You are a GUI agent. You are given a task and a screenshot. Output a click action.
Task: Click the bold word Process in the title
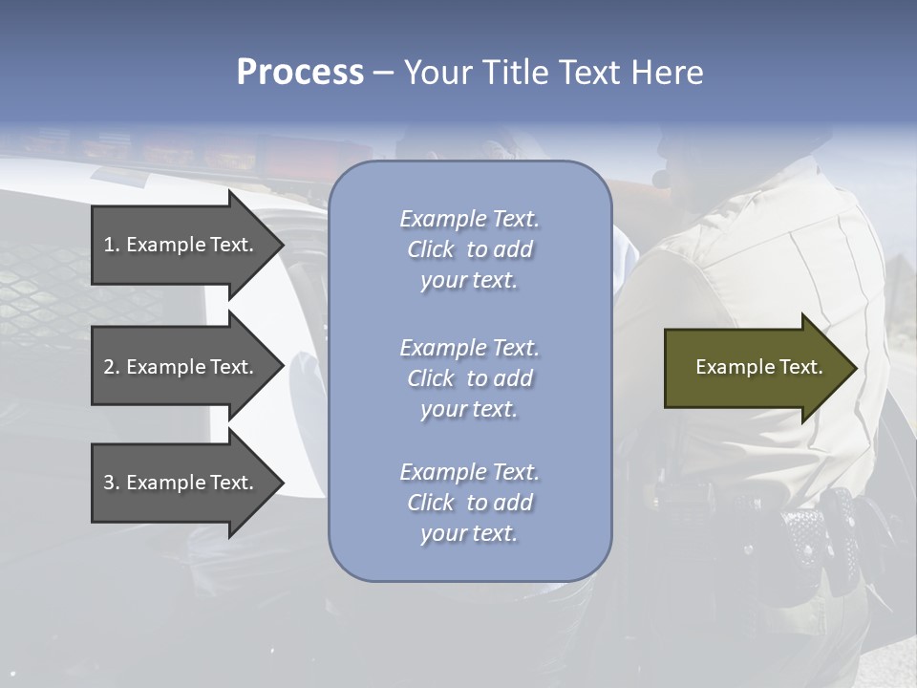(300, 73)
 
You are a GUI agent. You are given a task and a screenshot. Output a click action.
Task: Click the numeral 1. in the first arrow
(111, 245)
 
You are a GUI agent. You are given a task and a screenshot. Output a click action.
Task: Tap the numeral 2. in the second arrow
(111, 367)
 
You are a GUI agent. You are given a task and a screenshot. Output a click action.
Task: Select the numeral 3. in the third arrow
(111, 483)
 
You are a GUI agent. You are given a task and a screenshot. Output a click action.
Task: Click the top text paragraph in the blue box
(469, 249)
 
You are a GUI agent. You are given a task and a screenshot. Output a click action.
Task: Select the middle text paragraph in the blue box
(469, 378)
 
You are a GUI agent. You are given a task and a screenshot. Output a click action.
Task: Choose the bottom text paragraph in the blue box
(469, 503)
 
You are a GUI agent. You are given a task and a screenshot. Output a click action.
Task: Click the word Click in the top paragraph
(430, 249)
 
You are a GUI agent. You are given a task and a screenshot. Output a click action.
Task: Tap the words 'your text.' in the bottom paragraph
(469, 533)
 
